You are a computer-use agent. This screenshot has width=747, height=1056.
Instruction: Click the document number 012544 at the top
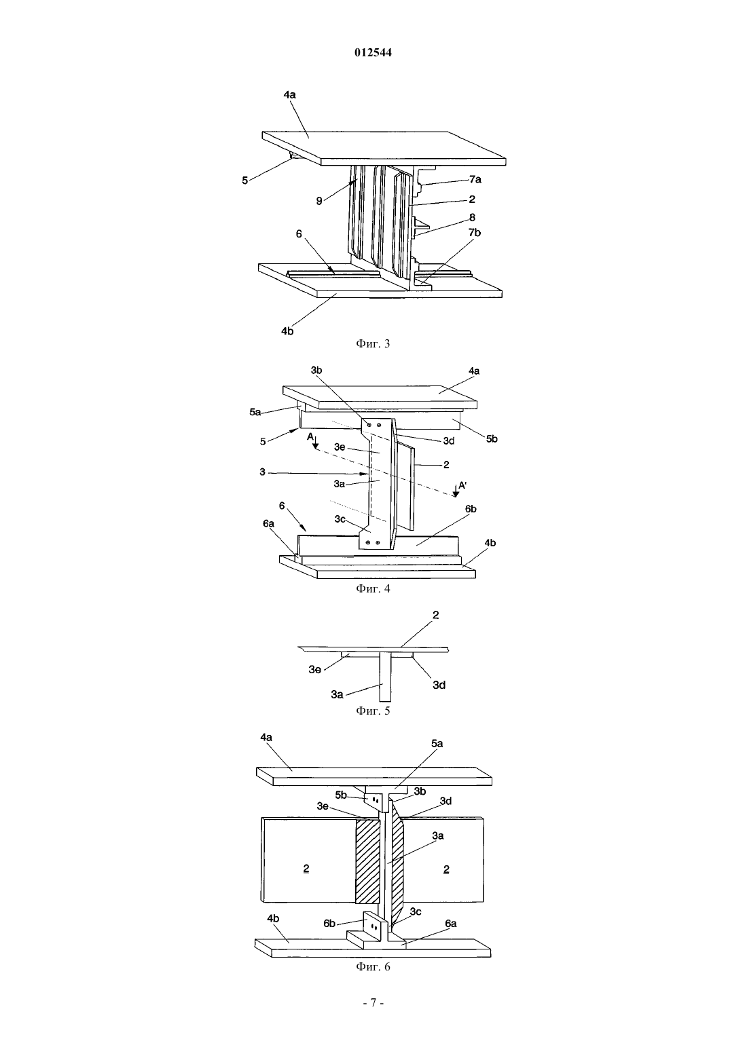[373, 52]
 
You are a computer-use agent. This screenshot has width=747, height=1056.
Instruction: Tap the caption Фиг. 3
[373, 343]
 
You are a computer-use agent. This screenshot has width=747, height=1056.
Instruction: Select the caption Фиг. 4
[373, 589]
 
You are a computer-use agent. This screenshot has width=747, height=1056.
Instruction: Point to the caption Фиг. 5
[373, 711]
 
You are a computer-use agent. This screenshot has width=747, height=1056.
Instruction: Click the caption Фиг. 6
[373, 967]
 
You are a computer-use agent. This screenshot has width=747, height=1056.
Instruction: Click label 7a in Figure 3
[475, 180]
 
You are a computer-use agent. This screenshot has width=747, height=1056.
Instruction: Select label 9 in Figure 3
[319, 202]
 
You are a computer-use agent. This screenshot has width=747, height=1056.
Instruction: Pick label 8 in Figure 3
[472, 217]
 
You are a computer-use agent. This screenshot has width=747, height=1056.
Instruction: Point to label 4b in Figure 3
[287, 331]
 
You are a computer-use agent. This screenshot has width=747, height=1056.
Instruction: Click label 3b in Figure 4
[316, 371]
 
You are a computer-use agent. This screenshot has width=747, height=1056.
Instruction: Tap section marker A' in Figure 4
[462, 485]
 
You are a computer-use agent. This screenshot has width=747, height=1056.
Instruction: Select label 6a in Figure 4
[269, 524]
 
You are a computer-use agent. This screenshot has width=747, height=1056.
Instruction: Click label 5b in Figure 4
[492, 439]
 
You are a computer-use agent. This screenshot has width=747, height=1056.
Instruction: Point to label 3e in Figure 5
[315, 669]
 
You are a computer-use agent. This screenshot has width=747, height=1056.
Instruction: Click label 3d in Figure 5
[439, 685]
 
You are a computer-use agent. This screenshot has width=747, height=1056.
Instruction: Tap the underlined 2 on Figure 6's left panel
[306, 869]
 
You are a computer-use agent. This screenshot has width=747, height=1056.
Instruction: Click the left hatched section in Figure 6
[367, 861]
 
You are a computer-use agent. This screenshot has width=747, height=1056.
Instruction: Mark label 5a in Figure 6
[437, 743]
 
